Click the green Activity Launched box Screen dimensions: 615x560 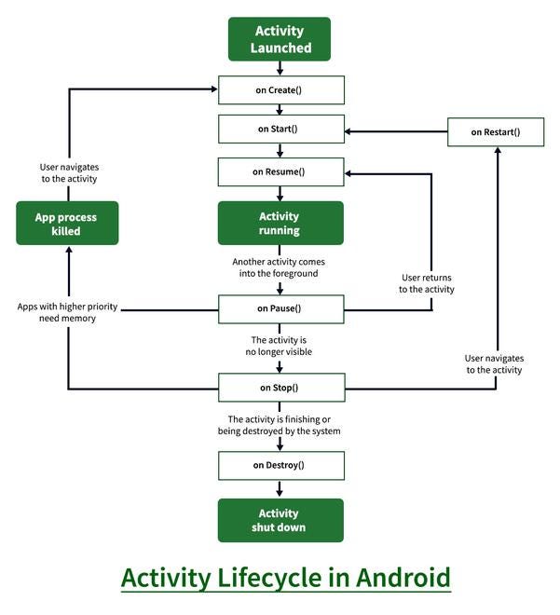[x=280, y=38]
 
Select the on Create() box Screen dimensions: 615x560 [x=280, y=90]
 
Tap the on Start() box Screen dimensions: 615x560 [x=280, y=129]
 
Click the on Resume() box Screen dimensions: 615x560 [x=280, y=171]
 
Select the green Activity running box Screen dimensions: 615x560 [x=280, y=223]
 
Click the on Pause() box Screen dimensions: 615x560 [x=280, y=308]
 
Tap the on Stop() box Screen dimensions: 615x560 [x=280, y=387]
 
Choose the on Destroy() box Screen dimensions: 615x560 [x=280, y=465]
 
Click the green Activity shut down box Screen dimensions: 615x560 [x=280, y=520]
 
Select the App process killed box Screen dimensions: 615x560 [x=67, y=223]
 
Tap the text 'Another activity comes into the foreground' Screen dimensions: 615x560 [x=280, y=267]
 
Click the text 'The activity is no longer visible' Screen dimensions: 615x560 [x=280, y=346]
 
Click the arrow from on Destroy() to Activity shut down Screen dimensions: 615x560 [x=280, y=488]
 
